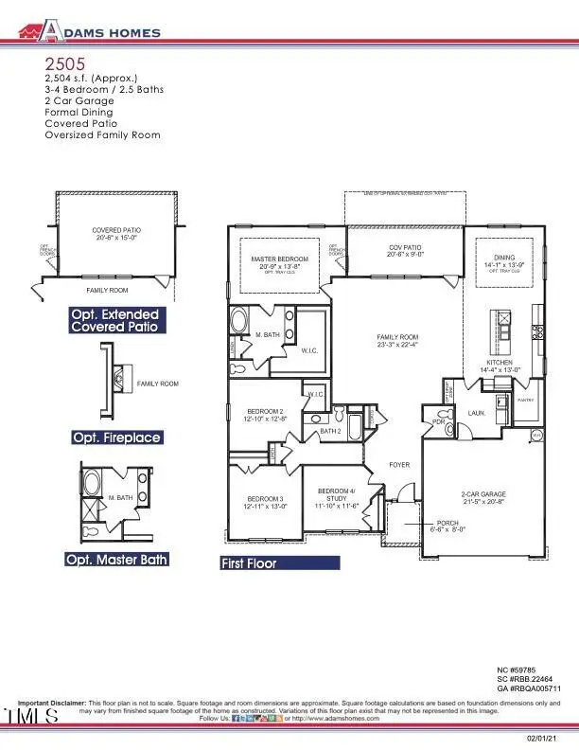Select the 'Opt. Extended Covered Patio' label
pyautogui.click(x=114, y=320)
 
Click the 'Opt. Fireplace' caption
pyautogui.click(x=116, y=437)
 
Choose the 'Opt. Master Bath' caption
pyautogui.click(x=116, y=559)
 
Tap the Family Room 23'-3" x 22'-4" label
pyautogui.click(x=397, y=341)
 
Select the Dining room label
pyautogui.click(x=499, y=261)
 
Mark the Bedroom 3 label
pyautogui.click(x=265, y=503)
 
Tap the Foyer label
pyautogui.click(x=399, y=465)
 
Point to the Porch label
pyautogui.click(x=447, y=527)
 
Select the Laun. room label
pyautogui.click(x=476, y=413)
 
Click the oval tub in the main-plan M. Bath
pyautogui.click(x=237, y=320)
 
